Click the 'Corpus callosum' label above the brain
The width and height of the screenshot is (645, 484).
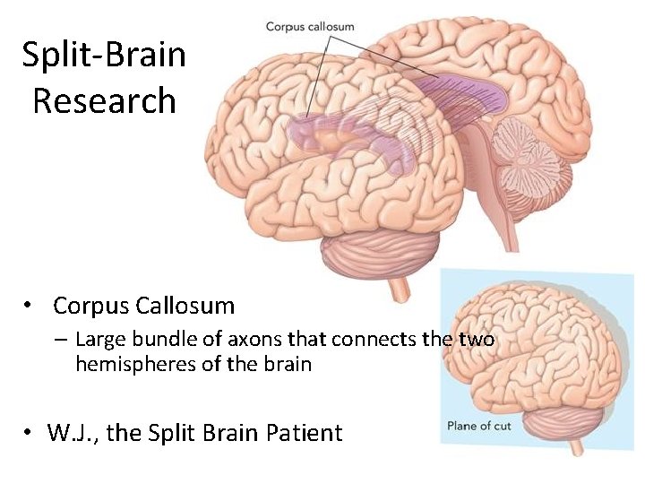tap(310, 27)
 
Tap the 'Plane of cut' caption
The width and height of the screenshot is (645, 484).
tap(478, 426)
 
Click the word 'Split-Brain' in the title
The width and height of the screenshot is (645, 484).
tap(104, 56)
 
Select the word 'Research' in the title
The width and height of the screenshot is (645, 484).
tap(104, 99)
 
